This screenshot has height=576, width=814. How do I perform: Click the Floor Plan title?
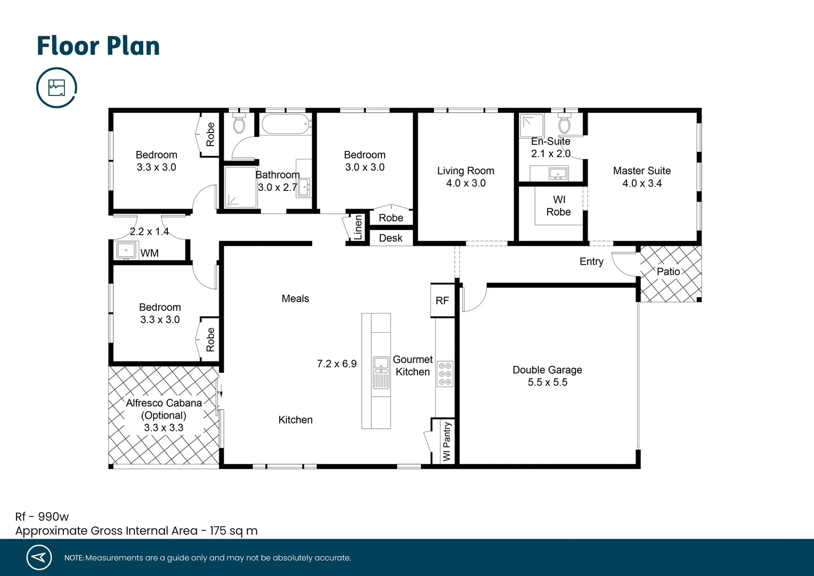click(98, 46)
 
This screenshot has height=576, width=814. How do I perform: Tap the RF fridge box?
click(442, 301)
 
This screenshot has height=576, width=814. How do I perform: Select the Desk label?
click(390, 238)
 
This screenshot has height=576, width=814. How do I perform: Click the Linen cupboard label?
click(358, 228)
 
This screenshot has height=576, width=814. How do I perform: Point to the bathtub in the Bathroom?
click(286, 124)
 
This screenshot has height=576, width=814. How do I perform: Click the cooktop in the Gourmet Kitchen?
click(445, 373)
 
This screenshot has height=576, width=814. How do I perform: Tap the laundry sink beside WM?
click(126, 250)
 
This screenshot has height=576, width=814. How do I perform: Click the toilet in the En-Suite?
click(564, 124)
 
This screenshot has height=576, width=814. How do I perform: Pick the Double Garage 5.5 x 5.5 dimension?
click(547, 382)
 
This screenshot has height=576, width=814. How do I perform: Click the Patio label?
click(668, 271)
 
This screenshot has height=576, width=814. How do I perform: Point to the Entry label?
click(591, 261)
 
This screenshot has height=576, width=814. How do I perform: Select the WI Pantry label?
click(446, 442)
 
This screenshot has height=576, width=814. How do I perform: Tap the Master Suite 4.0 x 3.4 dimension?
click(642, 183)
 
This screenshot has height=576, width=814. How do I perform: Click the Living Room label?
click(466, 171)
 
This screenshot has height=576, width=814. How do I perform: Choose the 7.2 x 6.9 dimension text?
click(337, 364)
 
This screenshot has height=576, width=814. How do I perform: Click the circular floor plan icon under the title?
click(56, 87)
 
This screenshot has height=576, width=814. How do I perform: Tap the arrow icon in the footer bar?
click(39, 557)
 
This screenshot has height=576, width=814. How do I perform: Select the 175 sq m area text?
click(233, 531)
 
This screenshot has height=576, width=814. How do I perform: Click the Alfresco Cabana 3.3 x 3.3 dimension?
click(164, 428)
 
